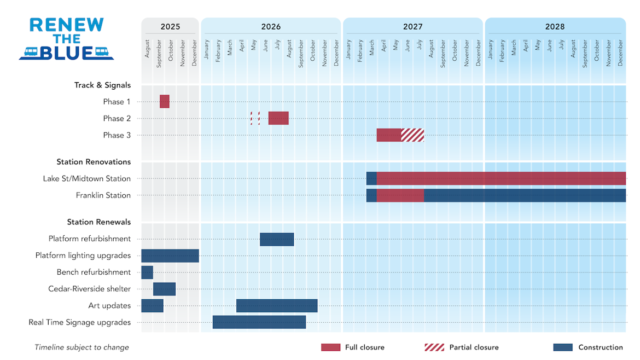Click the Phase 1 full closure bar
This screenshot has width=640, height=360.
pyautogui.click(x=165, y=101)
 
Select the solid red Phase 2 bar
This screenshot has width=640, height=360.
pyautogui.click(x=278, y=118)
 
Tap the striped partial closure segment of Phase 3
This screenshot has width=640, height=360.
pyautogui.click(x=412, y=135)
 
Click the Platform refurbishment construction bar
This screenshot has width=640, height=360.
pyautogui.click(x=277, y=239)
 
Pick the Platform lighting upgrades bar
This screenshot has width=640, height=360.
pyautogui.click(x=170, y=256)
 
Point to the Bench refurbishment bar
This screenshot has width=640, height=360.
pyautogui.click(x=147, y=272)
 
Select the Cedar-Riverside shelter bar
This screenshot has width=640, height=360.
pyautogui.click(x=165, y=289)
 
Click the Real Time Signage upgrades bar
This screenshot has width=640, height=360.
pyautogui.click(x=259, y=322)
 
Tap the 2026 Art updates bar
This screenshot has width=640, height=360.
pyautogui.click(x=277, y=306)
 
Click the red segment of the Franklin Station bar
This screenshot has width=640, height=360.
pyautogui.click(x=400, y=195)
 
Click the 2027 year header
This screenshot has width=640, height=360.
pyautogui.click(x=412, y=26)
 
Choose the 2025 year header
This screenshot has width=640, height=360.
pyautogui.click(x=170, y=26)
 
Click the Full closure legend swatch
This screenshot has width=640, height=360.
pyautogui.click(x=330, y=347)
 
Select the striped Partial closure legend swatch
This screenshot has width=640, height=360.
pyautogui.click(x=434, y=347)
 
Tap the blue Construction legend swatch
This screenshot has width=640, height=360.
pyautogui.click(x=563, y=347)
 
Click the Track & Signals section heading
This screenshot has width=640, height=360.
pyautogui.click(x=102, y=85)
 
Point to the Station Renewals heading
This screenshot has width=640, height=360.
pyautogui.click(x=99, y=222)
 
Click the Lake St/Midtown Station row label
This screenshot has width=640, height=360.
pyautogui.click(x=87, y=179)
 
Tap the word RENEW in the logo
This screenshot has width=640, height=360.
pyautogui.click(x=67, y=25)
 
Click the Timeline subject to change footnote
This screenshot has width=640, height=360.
pyautogui.click(x=82, y=347)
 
